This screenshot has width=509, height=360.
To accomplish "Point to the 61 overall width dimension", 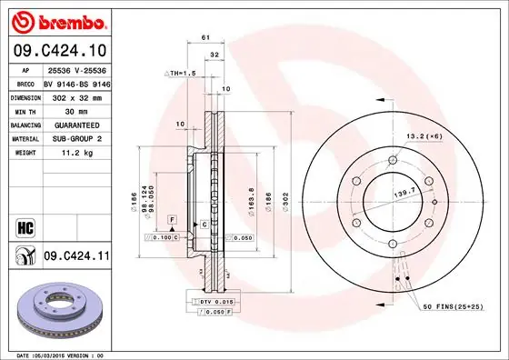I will click(x=205, y=37).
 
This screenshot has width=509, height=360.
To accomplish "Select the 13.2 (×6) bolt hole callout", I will click(x=424, y=135).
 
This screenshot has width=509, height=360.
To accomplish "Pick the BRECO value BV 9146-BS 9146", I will click(x=76, y=81).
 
